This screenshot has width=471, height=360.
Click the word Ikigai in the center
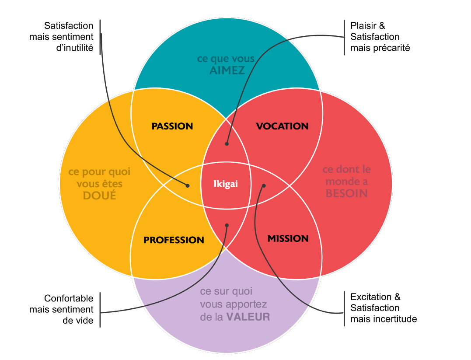226,184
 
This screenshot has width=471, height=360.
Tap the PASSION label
172,126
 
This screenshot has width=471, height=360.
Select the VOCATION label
282,126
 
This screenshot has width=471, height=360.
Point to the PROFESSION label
174,240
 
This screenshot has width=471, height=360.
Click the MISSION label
288,238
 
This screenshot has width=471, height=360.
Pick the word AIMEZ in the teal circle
227,71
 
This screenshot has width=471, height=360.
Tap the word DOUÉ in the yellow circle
100,196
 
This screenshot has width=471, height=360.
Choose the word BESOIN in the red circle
347,193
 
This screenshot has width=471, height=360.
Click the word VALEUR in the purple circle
248,317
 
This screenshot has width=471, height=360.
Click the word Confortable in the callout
69,298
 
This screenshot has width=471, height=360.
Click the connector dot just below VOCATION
227,143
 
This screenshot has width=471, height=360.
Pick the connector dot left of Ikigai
188,185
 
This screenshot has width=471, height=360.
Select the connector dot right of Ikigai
264,185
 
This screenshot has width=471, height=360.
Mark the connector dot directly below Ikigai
227,225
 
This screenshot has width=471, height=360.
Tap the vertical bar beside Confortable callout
100,309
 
